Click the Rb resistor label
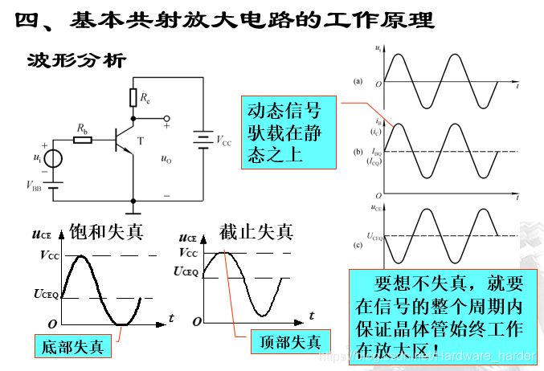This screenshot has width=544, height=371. click(x=82, y=128)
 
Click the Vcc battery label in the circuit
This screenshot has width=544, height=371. click(x=223, y=141)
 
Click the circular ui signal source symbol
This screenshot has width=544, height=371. click(x=53, y=157)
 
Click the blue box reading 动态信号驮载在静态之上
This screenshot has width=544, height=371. click(x=288, y=132)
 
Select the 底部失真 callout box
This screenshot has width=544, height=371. click(x=73, y=347)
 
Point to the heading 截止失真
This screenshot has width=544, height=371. click(x=256, y=232)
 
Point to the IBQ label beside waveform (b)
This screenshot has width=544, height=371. click(x=374, y=151)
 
